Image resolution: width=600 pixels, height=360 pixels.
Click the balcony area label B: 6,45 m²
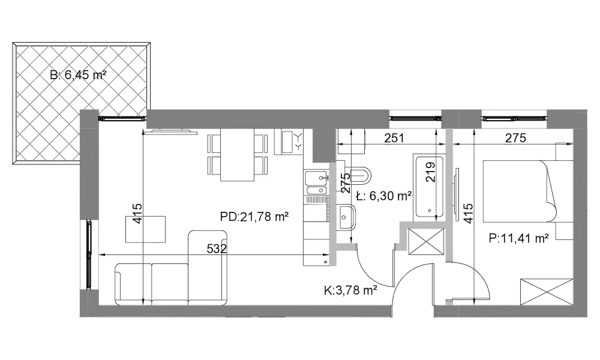coord(78,75)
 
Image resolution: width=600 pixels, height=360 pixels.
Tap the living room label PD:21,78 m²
coord(254,217)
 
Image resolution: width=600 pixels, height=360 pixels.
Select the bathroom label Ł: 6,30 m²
coord(383,196)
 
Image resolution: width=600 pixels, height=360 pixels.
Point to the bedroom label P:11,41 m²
coord(519,238)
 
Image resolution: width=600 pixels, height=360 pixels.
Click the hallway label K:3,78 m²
coord(350,291)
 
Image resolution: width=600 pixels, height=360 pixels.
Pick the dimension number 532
coord(217,248)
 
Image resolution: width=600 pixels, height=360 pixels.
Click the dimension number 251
coord(394,138)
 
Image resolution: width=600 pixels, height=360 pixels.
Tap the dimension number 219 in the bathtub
coord(430,172)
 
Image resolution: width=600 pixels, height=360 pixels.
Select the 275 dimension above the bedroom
coord(515,138)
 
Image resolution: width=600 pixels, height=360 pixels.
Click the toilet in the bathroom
coord(359,175)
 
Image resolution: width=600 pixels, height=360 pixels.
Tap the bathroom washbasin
coord(347,217)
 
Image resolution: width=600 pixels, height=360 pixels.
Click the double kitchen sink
coord(316,183)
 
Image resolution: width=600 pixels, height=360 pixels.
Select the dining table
coord(237,155)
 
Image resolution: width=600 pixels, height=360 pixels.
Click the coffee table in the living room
coord(145,229)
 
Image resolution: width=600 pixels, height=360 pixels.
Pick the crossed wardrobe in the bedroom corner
coord(547,292)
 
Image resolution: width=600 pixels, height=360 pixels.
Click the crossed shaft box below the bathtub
coord(426,241)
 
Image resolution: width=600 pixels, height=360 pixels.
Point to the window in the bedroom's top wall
coord(514,118)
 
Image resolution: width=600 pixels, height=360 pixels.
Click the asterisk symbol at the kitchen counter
coord(326,262)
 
